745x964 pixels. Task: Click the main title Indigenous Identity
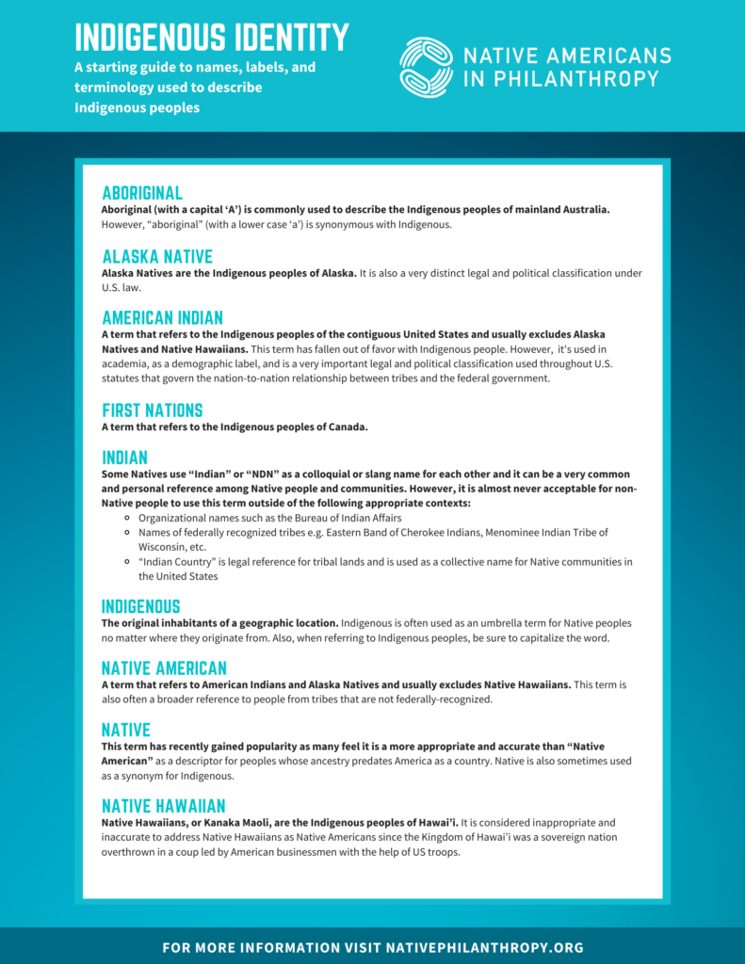click(212, 38)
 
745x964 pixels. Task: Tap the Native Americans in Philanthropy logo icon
click(426, 67)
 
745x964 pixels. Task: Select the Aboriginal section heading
click(142, 193)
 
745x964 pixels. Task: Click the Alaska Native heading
click(157, 257)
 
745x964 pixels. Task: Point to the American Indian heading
click(162, 318)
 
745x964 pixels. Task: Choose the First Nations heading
click(152, 410)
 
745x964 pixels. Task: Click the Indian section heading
click(125, 458)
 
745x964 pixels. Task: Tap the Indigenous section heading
click(140, 606)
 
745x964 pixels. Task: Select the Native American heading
click(164, 668)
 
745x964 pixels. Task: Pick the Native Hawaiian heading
click(163, 806)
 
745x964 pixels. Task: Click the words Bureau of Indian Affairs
click(348, 518)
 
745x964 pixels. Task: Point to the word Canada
click(345, 426)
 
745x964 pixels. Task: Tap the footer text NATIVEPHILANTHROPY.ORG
click(485, 947)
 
